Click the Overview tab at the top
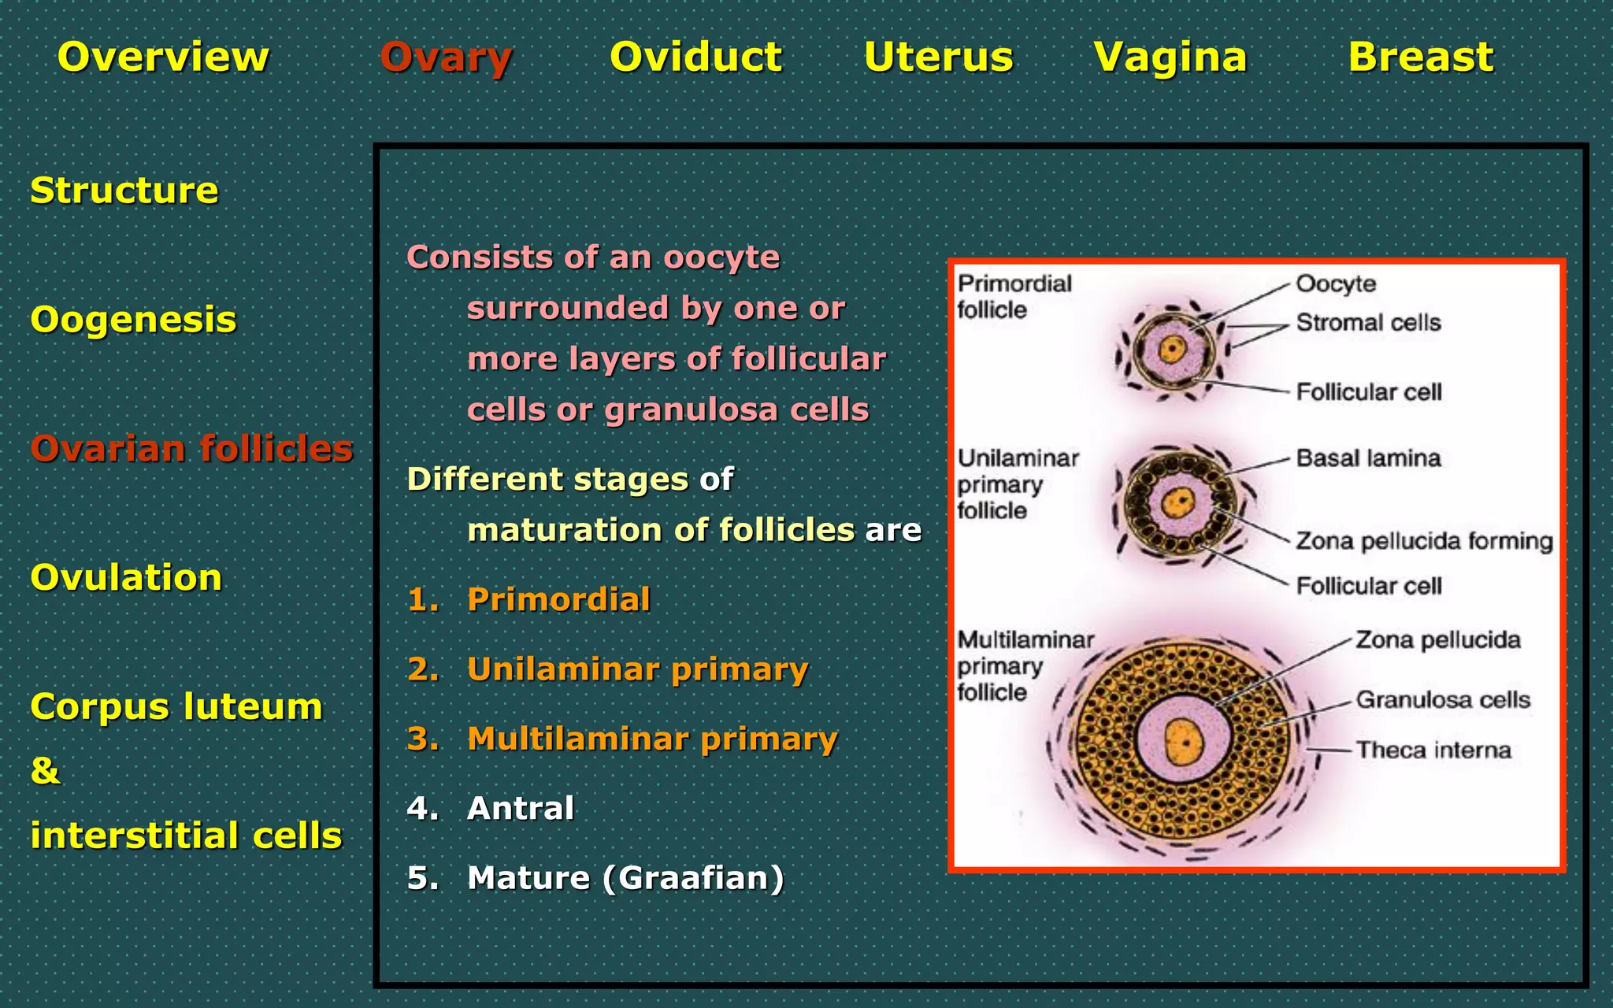(163, 57)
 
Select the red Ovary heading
(446, 57)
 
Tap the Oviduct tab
(696, 57)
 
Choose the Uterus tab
(938, 57)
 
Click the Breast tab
(1421, 57)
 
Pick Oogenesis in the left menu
(133, 320)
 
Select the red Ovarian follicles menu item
(191, 448)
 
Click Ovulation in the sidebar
(126, 577)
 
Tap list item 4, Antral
(520, 808)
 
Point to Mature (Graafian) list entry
(625, 877)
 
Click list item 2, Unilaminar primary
(637, 669)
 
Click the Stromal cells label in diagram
(1368, 322)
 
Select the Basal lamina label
(1368, 458)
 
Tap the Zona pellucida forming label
(1424, 541)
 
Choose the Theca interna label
(1433, 750)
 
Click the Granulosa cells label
(1442, 699)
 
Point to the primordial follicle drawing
(1173, 350)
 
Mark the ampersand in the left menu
(45, 770)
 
